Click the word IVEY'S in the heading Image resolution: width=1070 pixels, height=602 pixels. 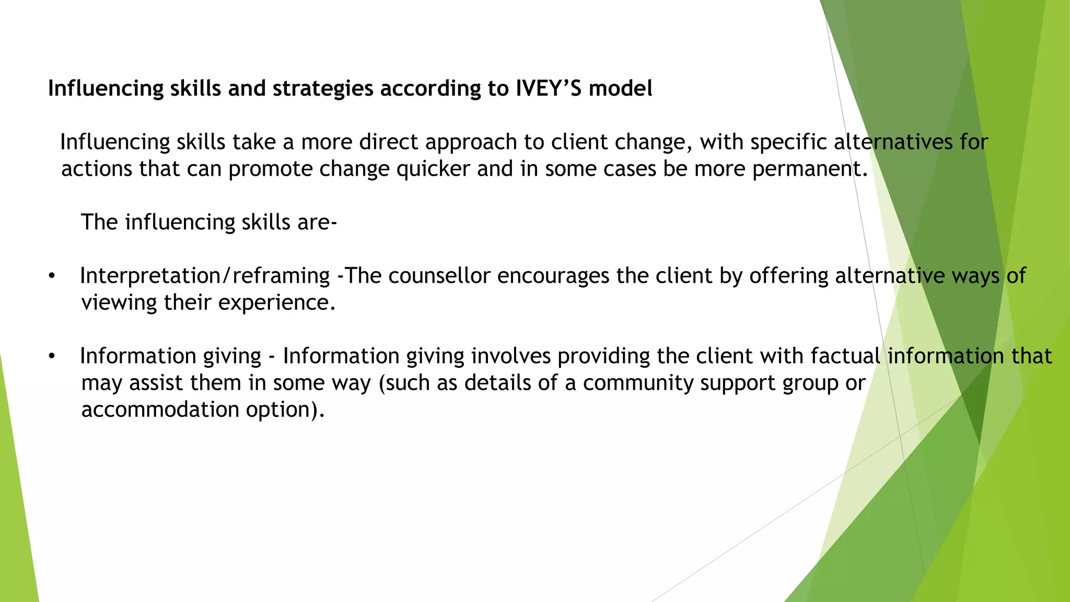[548, 88]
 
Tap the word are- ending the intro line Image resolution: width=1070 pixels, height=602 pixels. [317, 223]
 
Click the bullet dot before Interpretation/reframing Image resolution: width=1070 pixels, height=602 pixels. [51, 276]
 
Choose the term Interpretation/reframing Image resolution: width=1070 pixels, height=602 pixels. [205, 276]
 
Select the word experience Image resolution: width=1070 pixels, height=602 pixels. [276, 303]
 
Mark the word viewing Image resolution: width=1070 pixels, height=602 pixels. [119, 303]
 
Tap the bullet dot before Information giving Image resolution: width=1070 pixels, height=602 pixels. [51, 357]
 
